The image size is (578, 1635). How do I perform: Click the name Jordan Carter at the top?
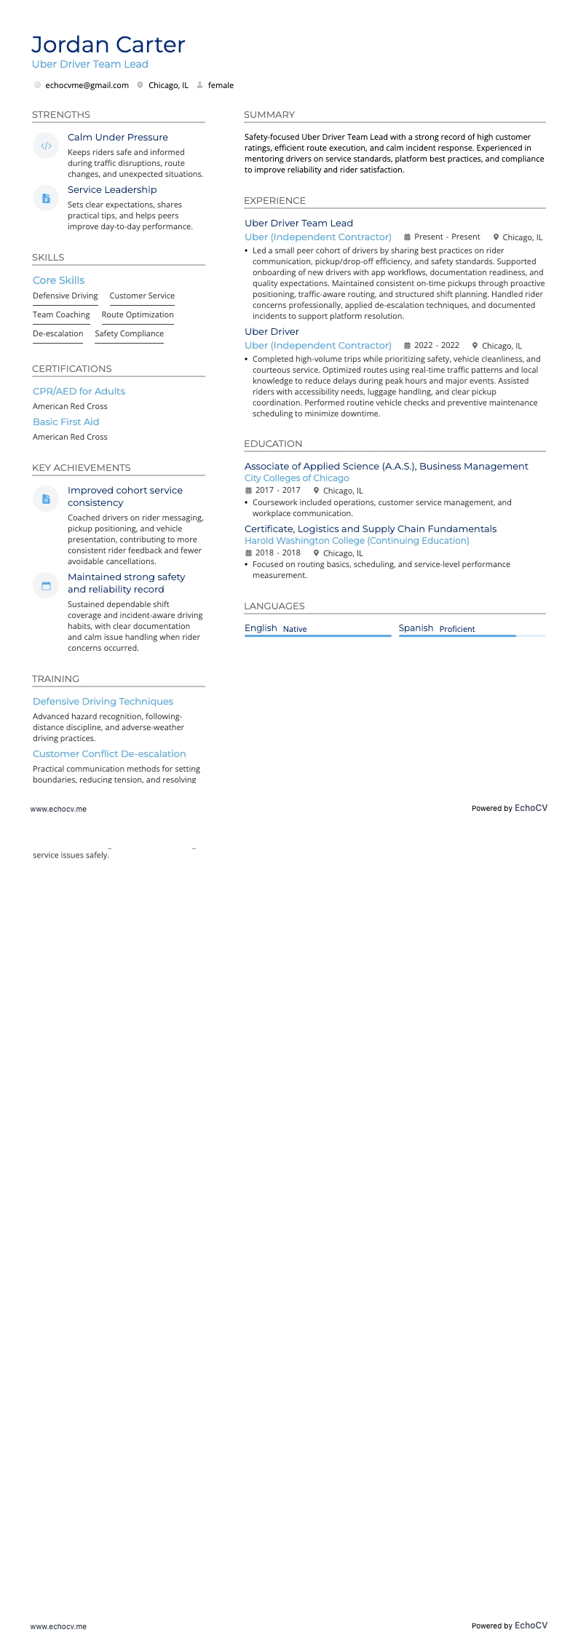click(x=108, y=44)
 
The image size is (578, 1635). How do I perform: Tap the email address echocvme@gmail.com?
click(x=87, y=85)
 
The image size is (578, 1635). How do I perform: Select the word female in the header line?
click(x=221, y=85)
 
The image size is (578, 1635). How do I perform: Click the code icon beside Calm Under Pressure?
click(x=46, y=146)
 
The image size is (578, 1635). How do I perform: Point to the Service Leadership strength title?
click(x=112, y=190)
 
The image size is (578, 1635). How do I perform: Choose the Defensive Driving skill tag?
click(x=65, y=296)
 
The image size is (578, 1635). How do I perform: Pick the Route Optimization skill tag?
click(x=138, y=314)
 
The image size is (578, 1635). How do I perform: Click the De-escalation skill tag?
click(x=58, y=333)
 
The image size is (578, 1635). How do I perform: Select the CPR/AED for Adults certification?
click(x=79, y=391)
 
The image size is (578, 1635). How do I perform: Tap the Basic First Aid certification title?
click(x=66, y=421)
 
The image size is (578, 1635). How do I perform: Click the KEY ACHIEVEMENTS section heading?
click(x=81, y=467)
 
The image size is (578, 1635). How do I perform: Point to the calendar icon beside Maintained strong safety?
click(x=46, y=585)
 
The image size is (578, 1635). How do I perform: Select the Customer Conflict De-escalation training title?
click(x=109, y=753)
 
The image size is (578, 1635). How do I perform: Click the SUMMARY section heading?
click(x=269, y=114)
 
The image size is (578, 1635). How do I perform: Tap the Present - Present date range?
click(x=447, y=237)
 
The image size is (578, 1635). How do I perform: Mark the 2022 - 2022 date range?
click(x=437, y=345)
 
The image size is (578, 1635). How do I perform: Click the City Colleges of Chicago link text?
click(x=296, y=478)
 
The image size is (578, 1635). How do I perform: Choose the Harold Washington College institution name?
click(x=357, y=541)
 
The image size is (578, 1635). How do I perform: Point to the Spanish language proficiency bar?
click(x=472, y=636)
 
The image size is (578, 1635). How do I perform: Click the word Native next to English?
click(x=295, y=629)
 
